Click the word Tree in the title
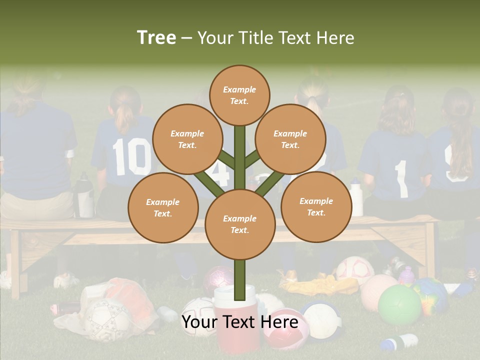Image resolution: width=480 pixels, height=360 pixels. pyautogui.click(x=156, y=38)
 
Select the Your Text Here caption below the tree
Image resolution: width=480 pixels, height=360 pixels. pyautogui.click(x=239, y=322)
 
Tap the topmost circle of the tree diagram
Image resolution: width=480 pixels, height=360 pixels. pyautogui.click(x=239, y=95)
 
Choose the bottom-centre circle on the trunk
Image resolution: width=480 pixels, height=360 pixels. pyautogui.click(x=240, y=224)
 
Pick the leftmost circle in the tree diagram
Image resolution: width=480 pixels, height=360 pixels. pyautogui.click(x=163, y=207)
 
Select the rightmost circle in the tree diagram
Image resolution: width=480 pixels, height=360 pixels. pyautogui.click(x=316, y=206)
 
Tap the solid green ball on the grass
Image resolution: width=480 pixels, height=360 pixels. pyautogui.click(x=399, y=305)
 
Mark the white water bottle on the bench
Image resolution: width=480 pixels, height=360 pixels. pyautogui.click(x=356, y=197)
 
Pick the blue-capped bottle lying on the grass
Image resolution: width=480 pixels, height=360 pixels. pyautogui.click(x=399, y=342)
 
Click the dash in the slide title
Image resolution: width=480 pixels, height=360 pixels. pyautogui.click(x=187, y=38)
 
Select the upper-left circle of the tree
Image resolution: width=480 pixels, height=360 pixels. pyautogui.click(x=187, y=139)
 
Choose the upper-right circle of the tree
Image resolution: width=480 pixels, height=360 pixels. pyautogui.click(x=290, y=139)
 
